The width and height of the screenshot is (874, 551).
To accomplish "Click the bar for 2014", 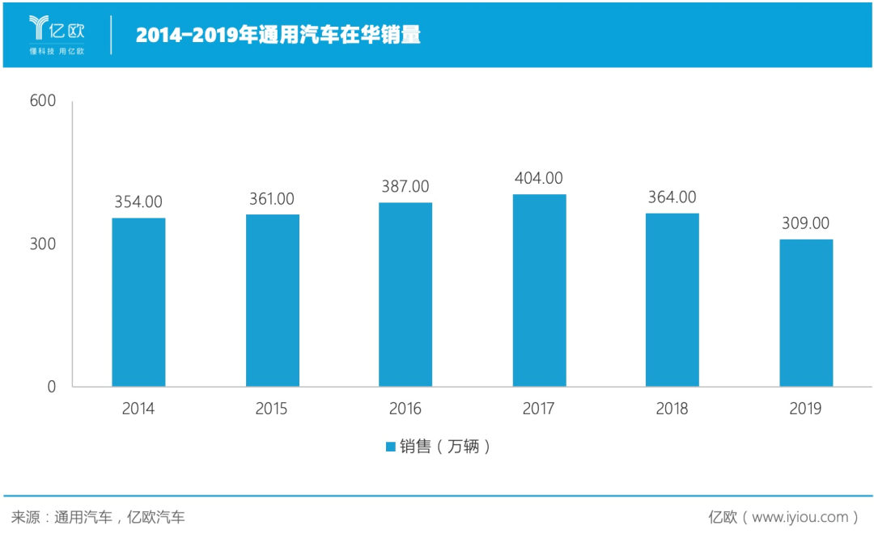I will [138, 302].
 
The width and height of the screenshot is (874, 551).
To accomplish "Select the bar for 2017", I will [539, 290].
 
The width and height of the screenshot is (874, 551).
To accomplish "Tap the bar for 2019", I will [806, 312].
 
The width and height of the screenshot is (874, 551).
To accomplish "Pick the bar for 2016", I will [405, 294].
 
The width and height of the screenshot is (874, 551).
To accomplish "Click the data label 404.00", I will [539, 179].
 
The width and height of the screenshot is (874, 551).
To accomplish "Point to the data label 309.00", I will [806, 224].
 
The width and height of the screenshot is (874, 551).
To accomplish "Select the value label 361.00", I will [272, 199].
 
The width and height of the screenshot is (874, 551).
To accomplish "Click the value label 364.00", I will [672, 197].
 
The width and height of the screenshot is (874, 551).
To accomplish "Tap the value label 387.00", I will [405, 187].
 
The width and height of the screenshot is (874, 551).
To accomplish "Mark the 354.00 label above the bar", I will [138, 202].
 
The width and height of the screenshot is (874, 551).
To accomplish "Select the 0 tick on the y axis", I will [51, 387].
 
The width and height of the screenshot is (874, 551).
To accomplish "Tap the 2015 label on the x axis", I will [272, 409].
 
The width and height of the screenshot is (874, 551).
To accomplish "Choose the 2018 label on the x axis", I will [672, 409].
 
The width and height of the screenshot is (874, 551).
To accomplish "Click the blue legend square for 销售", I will [390, 447].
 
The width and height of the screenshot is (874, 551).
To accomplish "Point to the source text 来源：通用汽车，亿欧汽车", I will [98, 517].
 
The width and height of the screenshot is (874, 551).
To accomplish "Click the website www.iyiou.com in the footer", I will [800, 517].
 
